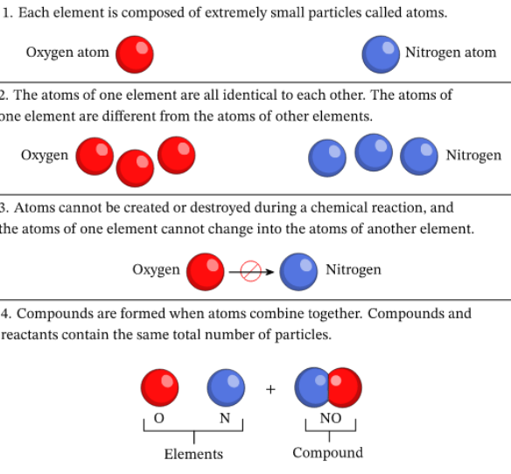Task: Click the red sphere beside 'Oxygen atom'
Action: [135, 54]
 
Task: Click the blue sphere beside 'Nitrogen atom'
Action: [381, 54]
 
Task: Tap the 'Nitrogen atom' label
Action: [451, 52]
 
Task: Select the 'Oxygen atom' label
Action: [67, 52]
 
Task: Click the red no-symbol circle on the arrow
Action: [250, 271]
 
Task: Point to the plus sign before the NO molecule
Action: [270, 389]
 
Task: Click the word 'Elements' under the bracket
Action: [193, 454]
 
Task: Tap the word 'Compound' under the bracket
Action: [328, 453]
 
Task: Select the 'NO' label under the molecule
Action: [331, 418]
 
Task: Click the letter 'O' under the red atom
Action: [158, 418]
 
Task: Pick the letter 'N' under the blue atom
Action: [225, 418]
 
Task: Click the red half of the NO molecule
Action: [346, 387]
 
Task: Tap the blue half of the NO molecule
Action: [311, 387]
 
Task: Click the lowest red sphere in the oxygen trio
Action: [135, 169]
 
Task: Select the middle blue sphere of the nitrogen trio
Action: [374, 152]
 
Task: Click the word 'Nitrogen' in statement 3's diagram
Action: [353, 269]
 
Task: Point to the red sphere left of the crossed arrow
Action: [206, 272]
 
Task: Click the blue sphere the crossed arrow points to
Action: [298, 272]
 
